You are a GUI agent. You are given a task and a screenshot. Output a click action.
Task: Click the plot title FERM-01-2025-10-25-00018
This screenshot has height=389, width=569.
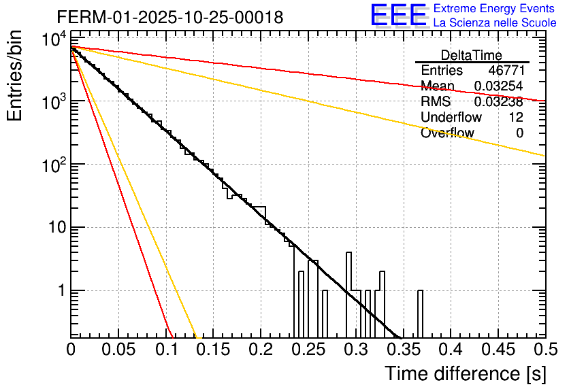[x=170, y=18]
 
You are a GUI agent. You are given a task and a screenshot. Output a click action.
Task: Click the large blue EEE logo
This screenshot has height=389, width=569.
[x=398, y=16]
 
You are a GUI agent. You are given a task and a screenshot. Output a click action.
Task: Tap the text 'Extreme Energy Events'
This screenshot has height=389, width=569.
[x=494, y=9]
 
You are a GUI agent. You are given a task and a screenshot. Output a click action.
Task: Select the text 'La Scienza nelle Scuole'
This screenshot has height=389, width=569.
[x=494, y=22]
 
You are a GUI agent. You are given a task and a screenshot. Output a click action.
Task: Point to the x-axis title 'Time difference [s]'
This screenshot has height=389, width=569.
[x=464, y=373]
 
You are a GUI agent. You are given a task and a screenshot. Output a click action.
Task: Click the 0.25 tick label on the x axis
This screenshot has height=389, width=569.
[x=308, y=350]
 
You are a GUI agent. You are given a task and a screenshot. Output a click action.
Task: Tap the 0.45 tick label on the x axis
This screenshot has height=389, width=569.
[x=498, y=350]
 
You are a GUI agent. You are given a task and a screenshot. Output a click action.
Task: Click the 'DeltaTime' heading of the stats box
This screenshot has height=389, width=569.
[x=472, y=55]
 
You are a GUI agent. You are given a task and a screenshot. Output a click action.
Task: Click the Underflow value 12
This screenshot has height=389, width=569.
[x=516, y=118]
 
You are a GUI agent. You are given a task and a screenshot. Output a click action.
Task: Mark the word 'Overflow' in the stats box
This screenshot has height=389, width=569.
[x=447, y=133]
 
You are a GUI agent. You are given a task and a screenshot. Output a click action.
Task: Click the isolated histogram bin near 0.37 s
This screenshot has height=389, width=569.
[x=420, y=313]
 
